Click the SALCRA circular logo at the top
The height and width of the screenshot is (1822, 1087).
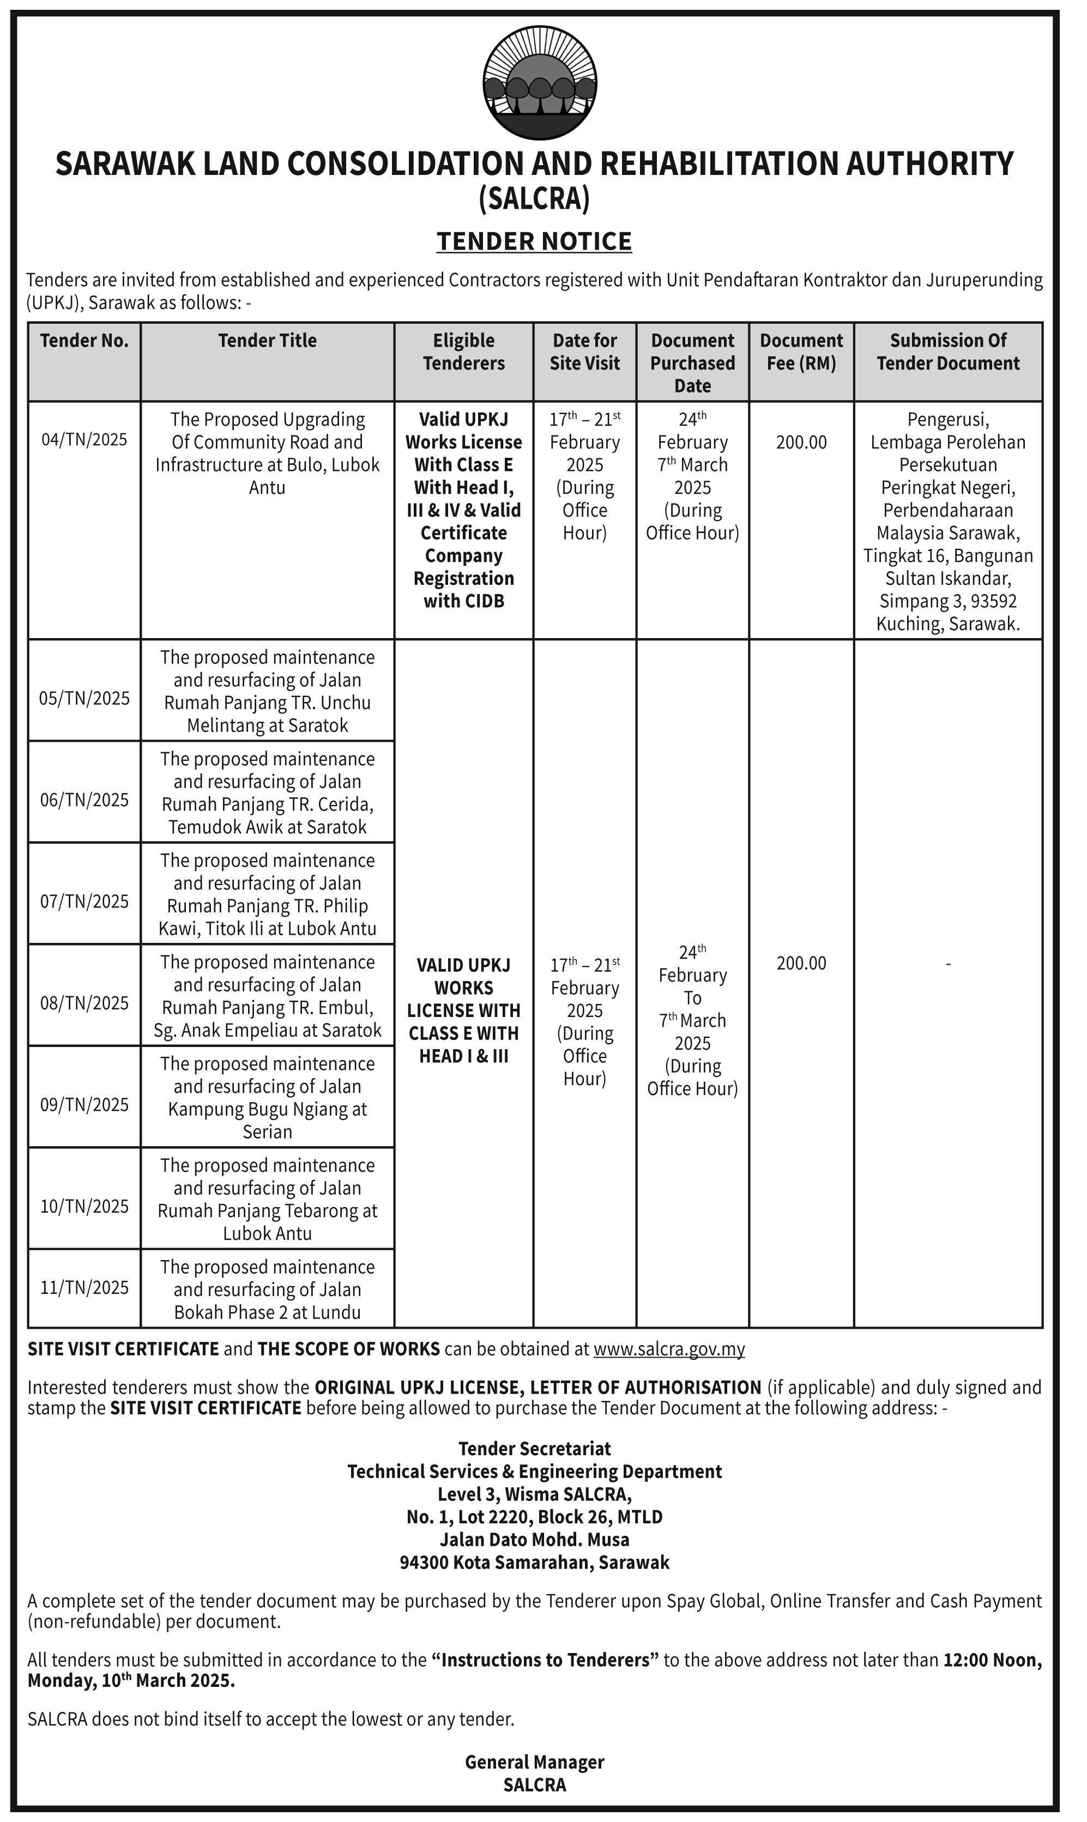(540, 83)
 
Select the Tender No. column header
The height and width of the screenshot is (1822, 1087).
(84, 341)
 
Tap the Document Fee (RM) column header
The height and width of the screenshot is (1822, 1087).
(801, 352)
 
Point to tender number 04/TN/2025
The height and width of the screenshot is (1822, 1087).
(84, 440)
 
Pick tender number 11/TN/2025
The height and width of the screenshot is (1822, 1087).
(84, 1287)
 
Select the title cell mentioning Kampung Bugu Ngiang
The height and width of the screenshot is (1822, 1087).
(267, 1098)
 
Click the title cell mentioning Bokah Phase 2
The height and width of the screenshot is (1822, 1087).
(267, 1290)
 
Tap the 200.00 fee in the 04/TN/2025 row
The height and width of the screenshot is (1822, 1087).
(801, 443)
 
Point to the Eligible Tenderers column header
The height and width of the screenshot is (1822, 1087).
(464, 352)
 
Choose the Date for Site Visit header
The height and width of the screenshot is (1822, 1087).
(584, 352)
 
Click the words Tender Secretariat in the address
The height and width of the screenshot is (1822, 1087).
(535, 1449)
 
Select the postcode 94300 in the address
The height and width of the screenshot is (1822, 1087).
(424, 1563)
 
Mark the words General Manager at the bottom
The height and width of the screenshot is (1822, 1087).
(535, 1762)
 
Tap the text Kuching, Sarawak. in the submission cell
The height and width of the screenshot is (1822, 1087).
(948, 624)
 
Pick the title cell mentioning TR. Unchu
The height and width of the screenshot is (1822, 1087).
(267, 691)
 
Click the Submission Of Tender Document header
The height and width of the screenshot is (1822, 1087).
(948, 352)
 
